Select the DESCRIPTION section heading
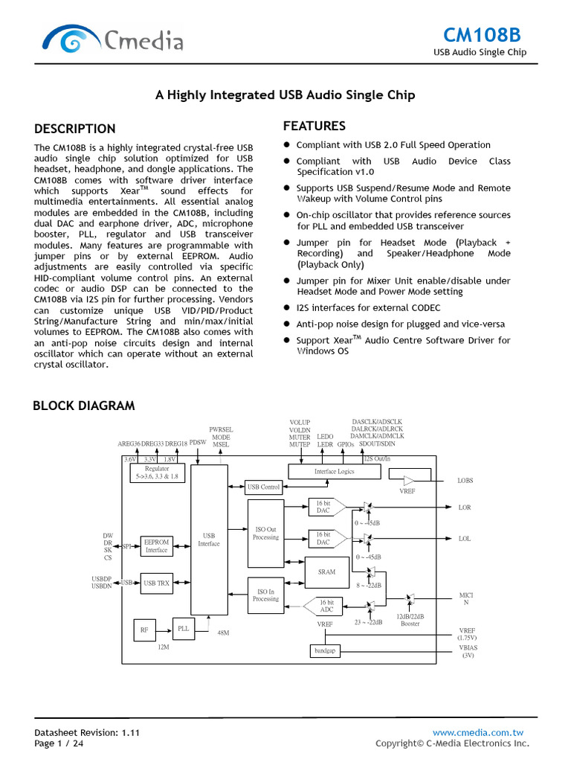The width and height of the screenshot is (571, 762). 75,129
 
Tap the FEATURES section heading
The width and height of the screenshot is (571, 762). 314,126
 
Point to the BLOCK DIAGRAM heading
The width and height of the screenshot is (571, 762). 84,406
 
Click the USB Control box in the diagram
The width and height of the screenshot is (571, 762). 264,487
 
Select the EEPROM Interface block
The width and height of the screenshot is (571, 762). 156,546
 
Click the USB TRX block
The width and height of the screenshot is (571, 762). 156,583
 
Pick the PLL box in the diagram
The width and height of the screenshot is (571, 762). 184,629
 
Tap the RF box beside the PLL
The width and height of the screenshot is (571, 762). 144,630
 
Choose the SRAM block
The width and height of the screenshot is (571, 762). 326,571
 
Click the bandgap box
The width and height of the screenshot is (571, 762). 324,651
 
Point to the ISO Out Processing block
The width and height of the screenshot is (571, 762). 265,533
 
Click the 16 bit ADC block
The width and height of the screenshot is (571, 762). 325,606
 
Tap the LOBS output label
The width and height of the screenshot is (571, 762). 465,481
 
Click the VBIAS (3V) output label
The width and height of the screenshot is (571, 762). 468,651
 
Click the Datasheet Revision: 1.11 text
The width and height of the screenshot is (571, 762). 87,732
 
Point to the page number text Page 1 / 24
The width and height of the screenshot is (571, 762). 59,743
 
